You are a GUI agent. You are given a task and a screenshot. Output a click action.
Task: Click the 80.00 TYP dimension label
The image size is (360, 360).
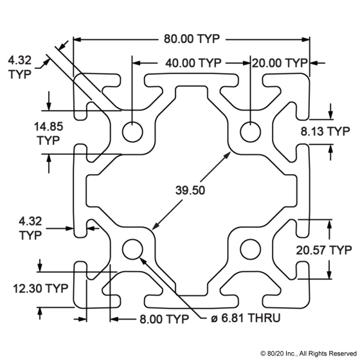point(192,39)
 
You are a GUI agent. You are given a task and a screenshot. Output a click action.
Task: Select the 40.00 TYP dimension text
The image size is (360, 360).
point(194,63)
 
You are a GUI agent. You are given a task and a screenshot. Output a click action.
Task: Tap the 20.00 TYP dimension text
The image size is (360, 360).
point(280,63)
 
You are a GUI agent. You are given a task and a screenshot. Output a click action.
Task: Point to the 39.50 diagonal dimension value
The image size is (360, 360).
point(190,190)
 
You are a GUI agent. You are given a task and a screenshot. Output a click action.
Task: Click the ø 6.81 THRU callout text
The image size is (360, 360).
point(246,318)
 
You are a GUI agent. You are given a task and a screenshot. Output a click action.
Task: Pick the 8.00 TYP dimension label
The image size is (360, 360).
point(164,319)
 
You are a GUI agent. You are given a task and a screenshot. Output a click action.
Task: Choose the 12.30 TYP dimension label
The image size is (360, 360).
point(40,289)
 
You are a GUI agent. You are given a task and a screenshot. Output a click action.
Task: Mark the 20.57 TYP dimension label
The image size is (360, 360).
point(324,250)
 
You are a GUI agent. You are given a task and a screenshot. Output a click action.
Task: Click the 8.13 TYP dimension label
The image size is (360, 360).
point(325,131)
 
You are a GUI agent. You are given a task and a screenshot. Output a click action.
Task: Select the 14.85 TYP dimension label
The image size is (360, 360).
point(48,134)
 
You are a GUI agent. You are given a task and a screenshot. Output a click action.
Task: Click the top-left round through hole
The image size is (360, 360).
point(132,132)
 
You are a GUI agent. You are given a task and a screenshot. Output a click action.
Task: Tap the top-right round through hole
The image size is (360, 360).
point(251,132)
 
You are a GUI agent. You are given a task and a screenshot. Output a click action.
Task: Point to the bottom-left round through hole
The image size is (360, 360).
point(132,249)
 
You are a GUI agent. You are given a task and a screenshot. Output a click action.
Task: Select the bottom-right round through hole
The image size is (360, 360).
point(251,249)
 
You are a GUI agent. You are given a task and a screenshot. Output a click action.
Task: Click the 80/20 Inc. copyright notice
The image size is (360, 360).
point(309,353)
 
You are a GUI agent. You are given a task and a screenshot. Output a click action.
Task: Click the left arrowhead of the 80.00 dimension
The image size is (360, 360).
point(77,39)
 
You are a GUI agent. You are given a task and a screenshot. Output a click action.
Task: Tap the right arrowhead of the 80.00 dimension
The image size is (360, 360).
point(305,39)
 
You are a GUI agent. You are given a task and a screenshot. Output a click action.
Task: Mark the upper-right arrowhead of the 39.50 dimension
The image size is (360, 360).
point(228,155)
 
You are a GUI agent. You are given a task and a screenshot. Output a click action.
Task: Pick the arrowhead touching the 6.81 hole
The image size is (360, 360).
point(143,261)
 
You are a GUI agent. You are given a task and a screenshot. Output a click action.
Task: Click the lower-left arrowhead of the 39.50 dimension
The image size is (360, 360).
point(155,226)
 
